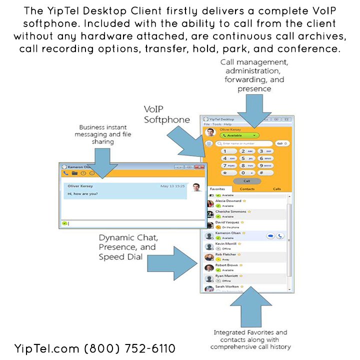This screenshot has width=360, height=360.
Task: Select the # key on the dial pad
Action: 267,172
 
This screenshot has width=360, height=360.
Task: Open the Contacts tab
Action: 247,189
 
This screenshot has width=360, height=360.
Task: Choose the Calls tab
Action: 276,189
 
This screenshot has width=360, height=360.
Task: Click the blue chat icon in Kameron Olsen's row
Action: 270,236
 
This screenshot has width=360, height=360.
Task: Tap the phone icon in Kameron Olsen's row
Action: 279,236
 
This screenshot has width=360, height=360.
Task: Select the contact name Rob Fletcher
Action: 226,254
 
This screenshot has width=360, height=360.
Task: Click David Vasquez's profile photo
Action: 210,224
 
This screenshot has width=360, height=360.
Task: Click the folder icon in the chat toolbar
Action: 74,173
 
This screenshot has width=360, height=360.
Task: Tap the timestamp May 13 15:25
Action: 172,186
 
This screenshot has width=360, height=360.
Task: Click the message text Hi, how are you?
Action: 83,193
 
